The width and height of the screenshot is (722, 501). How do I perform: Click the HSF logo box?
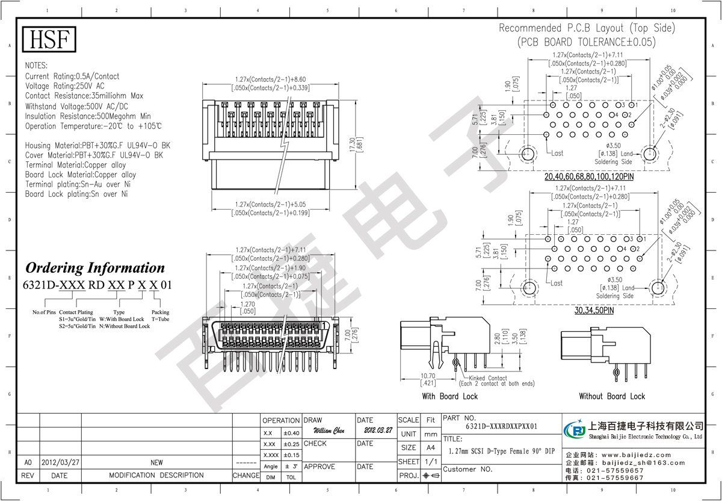pyautogui.click(x=50, y=40)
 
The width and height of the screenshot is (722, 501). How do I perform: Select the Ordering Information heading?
pyautogui.click(x=94, y=268)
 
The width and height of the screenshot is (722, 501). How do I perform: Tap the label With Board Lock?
pyautogui.click(x=449, y=396)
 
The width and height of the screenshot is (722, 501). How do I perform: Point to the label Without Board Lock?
pyautogui.click(x=612, y=396)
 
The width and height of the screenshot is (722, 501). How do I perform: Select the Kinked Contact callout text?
pyautogui.click(x=487, y=378)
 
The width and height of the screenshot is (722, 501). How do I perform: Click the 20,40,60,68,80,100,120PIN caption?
pyautogui.click(x=590, y=178)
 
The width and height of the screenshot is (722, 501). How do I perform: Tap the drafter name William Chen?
pyautogui.click(x=329, y=431)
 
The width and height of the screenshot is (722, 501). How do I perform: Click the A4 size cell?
pyautogui.click(x=430, y=447)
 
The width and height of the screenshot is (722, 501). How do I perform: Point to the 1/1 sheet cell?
pyautogui.click(x=430, y=461)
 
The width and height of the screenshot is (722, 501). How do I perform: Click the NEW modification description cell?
pyautogui.click(x=156, y=462)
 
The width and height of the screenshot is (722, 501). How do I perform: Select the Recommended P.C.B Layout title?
pyautogui.click(x=587, y=28)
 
